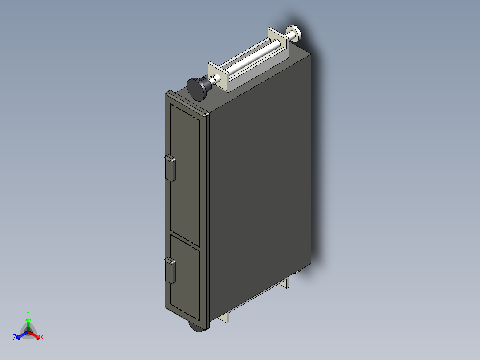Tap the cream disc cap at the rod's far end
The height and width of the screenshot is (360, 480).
point(295,33)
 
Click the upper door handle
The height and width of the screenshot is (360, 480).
point(170,168)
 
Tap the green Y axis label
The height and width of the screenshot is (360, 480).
point(28,313)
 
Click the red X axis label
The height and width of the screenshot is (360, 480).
point(42,338)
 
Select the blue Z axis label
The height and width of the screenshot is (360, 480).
point(15,338)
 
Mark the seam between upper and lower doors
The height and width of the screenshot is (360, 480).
point(185,241)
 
